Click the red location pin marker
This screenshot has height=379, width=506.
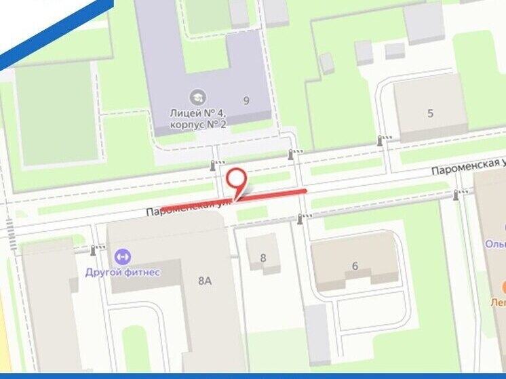coord(236,180)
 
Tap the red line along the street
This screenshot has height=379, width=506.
coord(271,195)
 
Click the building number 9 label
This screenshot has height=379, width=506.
coord(246,101)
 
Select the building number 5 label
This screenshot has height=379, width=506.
coord(430,113)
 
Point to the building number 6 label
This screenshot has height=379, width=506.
coord(355,266)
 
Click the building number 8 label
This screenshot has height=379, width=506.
coord(263,258)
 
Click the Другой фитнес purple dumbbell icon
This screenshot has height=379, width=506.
coord(123,257)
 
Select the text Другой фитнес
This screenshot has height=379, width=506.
coord(123,272)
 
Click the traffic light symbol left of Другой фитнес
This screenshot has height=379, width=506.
coord(94,250)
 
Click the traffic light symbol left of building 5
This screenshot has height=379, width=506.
coord(381,140)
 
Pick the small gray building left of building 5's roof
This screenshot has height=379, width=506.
coord(364,52)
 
